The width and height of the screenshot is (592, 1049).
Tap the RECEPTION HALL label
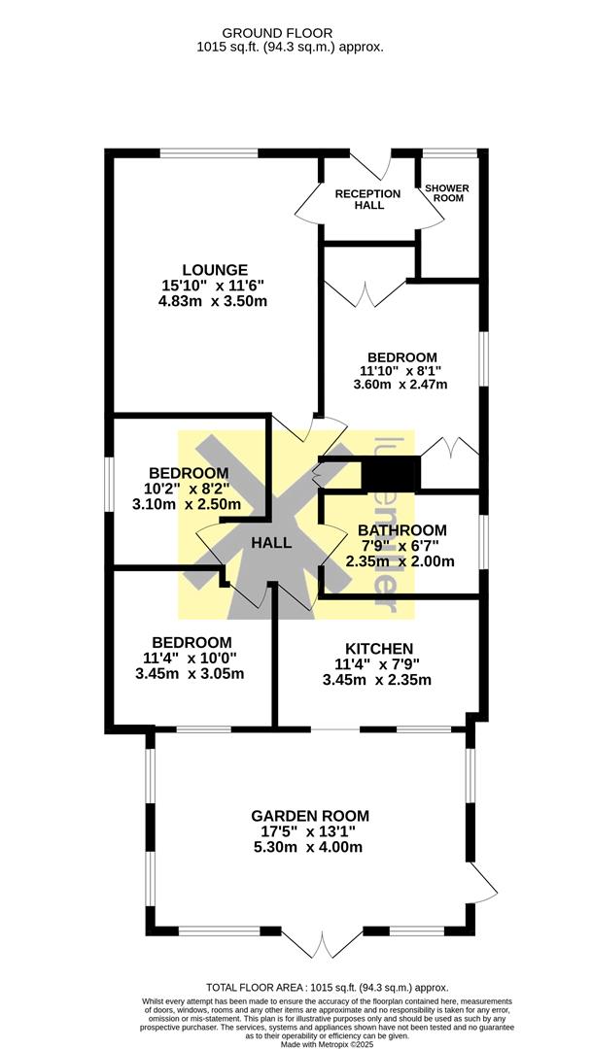click(x=367, y=199)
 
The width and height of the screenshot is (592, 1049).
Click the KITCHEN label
click(x=380, y=648)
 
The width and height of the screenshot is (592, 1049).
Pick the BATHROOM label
click(x=402, y=529)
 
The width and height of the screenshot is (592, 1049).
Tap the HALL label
click(x=271, y=543)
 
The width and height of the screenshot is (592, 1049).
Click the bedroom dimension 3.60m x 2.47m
click(x=400, y=384)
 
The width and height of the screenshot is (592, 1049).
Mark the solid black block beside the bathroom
click(x=390, y=473)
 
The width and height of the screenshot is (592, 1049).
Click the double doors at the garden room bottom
click(x=322, y=940)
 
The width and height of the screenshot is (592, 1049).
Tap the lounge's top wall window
click(x=209, y=152)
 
